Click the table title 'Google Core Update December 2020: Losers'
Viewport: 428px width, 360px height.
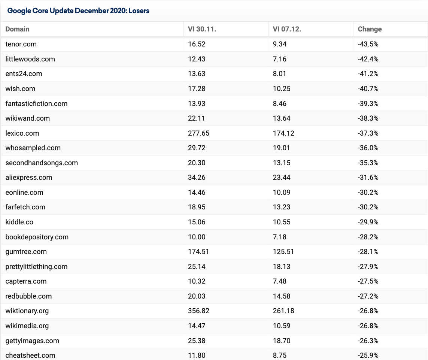[x=78, y=10]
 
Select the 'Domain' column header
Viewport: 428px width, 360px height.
[x=18, y=29]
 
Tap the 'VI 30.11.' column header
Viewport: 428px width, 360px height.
[x=202, y=29]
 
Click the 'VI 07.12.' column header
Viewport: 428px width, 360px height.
[x=287, y=29]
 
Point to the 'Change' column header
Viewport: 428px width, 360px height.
[x=370, y=29]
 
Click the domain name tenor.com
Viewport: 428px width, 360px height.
[x=21, y=44]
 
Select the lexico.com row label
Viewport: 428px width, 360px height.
[x=22, y=133]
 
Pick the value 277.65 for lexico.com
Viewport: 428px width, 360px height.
[x=199, y=133]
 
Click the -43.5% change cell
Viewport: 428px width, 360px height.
[x=368, y=44]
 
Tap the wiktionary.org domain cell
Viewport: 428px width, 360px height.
[x=27, y=311]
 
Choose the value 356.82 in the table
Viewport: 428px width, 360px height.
[x=199, y=311]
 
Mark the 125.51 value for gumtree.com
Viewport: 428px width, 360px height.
[x=283, y=252]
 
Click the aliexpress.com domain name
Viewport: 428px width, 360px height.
[x=29, y=178]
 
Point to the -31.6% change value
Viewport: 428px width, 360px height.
[x=368, y=178]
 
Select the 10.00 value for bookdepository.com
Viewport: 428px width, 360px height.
[x=197, y=237]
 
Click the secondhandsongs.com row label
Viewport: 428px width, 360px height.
[x=42, y=163]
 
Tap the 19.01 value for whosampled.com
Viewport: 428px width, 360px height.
[x=281, y=148]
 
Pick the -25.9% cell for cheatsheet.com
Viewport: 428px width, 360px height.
[x=368, y=356]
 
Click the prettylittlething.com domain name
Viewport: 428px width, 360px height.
[x=36, y=267]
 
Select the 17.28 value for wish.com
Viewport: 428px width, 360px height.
[x=197, y=89]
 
